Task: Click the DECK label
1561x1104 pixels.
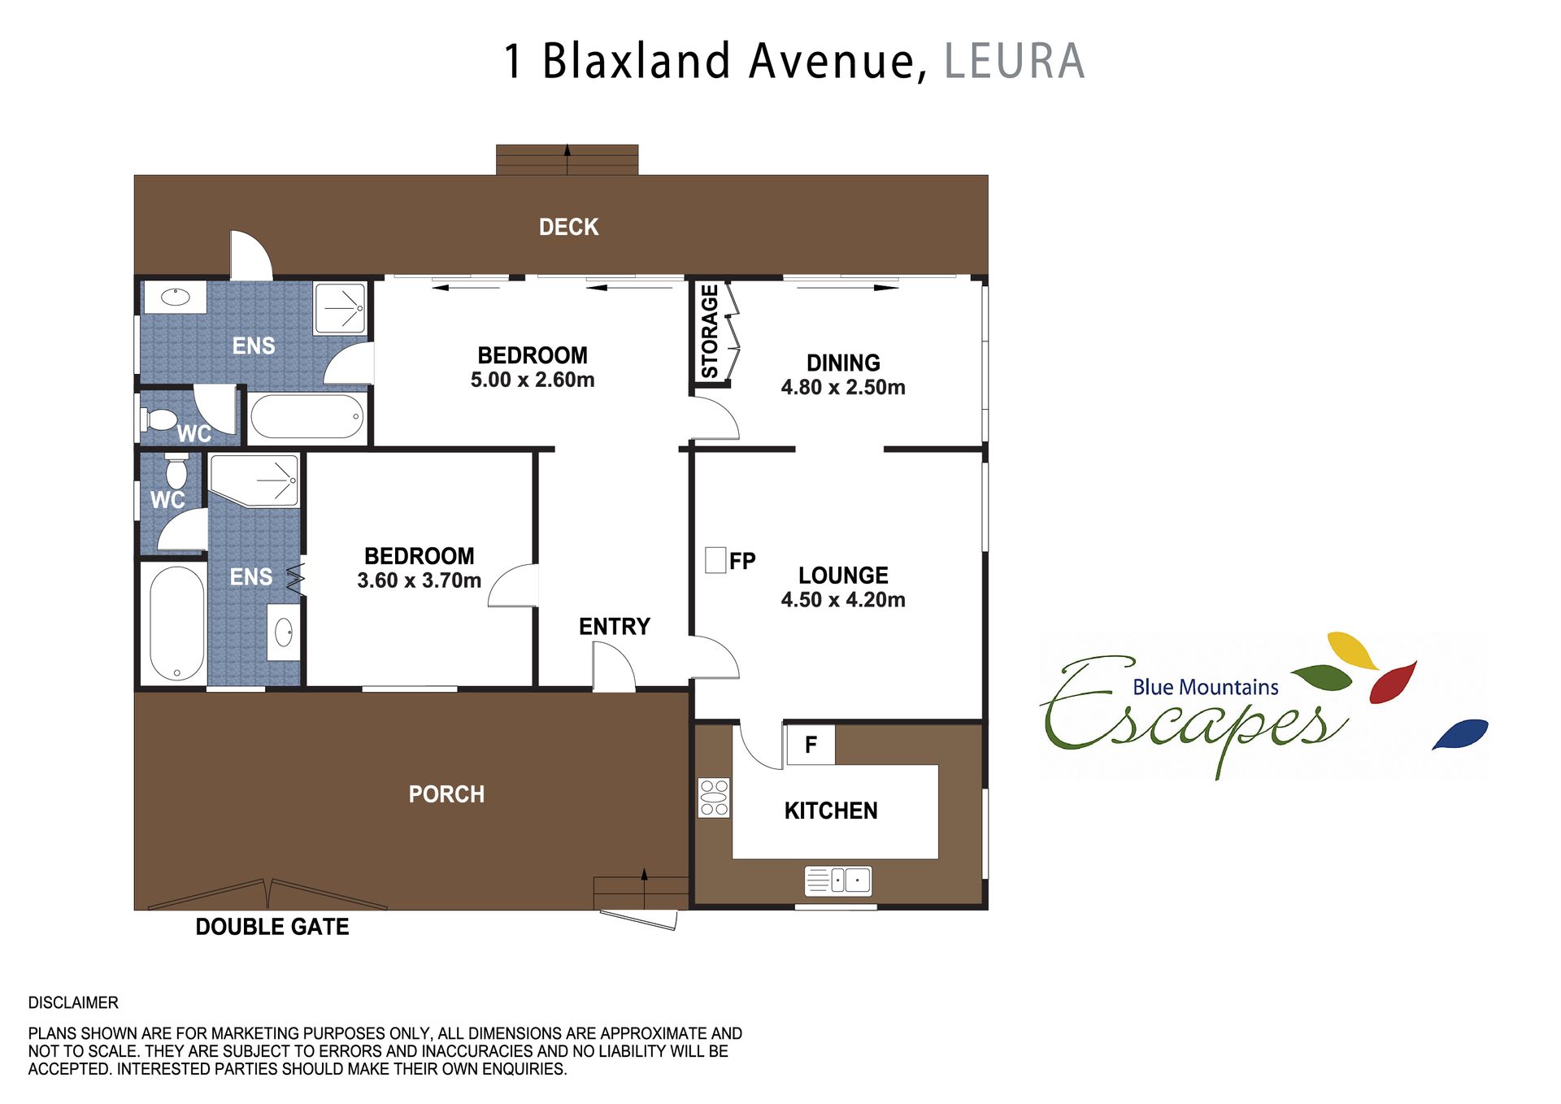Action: pos(568,227)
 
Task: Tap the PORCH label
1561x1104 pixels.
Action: pos(446,794)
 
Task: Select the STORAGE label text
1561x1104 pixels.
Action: pos(710,332)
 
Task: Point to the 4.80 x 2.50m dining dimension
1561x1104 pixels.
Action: pos(843,387)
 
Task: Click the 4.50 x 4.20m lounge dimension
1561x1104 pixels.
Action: pos(843,600)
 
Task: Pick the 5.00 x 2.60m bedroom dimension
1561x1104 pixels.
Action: pos(533,380)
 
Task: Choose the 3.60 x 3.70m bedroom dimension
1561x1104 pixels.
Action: pos(420,580)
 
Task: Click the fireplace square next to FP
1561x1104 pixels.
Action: pos(715,560)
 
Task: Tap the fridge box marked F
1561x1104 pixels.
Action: pos(811,745)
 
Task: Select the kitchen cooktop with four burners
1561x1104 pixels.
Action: pos(715,798)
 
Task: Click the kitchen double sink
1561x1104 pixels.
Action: pos(838,880)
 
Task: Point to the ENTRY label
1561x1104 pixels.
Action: pos(615,627)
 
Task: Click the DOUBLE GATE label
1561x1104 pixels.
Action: pos(272,927)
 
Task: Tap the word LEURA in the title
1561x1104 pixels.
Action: pos(1015,61)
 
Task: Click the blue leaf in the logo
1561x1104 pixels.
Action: pos(1460,734)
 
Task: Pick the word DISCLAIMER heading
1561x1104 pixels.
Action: pos(73,1002)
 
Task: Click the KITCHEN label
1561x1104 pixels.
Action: pos(831,811)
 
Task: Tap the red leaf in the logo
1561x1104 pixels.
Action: pos(1393,683)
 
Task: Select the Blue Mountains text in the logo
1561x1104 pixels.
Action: pos(1206,688)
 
